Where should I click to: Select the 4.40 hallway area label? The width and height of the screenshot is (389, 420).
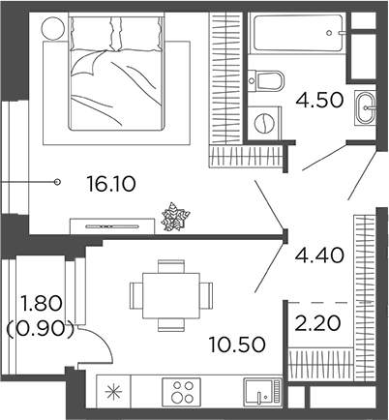(313, 255)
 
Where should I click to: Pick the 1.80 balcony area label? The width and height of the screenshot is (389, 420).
(40, 302)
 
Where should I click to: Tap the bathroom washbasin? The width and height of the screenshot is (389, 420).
(366, 105)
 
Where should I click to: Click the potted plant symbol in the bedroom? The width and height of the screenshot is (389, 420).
(175, 217)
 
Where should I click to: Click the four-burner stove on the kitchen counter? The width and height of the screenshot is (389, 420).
(182, 393)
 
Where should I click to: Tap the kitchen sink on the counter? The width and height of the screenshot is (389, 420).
(258, 393)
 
